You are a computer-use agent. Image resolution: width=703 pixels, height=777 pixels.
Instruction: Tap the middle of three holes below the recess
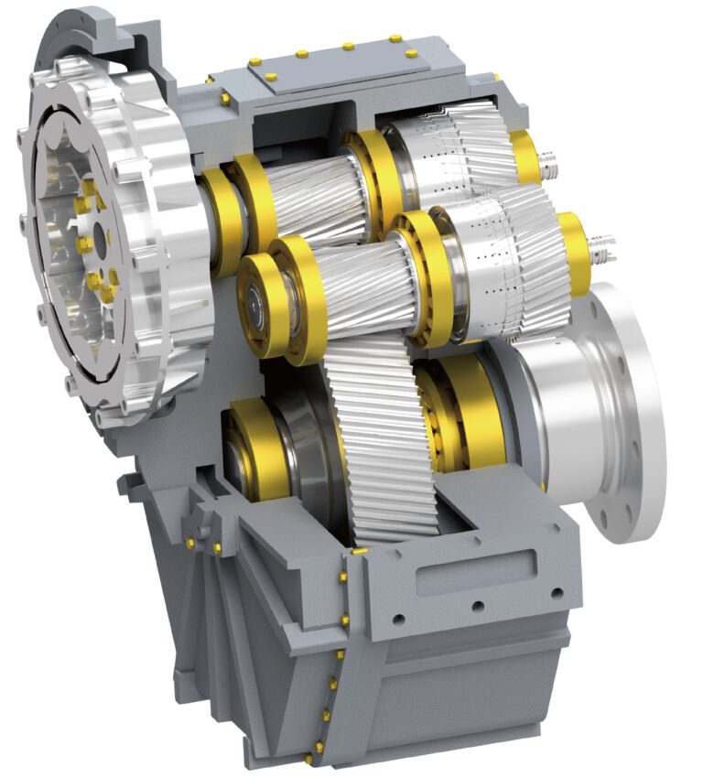pos(475,606)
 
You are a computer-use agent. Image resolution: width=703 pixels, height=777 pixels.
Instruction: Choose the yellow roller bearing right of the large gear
pos(458,412)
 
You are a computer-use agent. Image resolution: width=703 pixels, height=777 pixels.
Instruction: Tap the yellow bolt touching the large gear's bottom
pos(361,550)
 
